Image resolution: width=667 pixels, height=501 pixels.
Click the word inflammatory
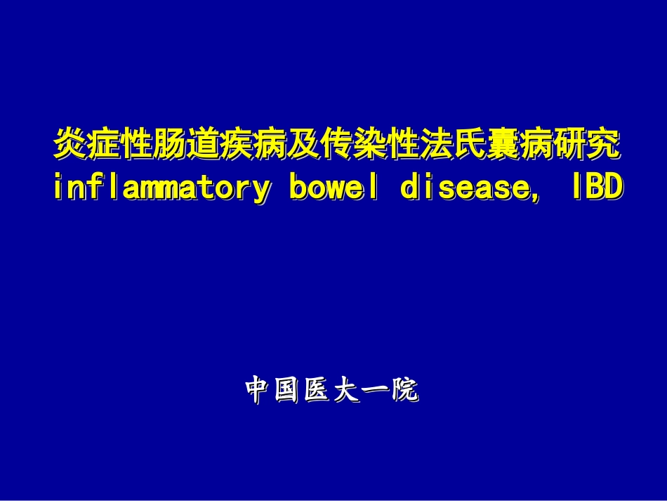[161, 188]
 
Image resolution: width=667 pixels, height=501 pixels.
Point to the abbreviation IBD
[596, 188]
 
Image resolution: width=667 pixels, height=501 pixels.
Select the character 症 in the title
[104, 145]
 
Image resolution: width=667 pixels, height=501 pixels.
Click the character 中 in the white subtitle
[258, 391]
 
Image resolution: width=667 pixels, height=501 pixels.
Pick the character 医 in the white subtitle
[317, 391]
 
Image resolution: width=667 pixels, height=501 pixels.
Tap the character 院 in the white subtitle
[406, 391]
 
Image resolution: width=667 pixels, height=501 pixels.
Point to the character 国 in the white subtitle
[288, 391]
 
